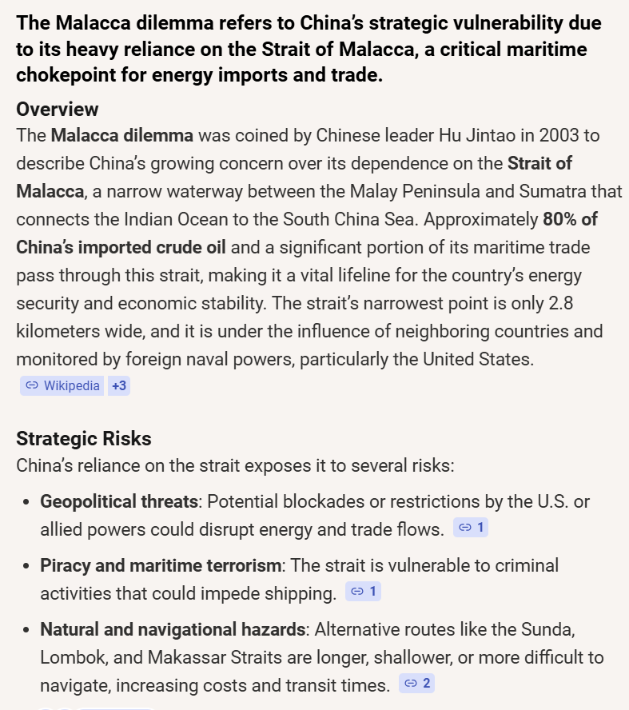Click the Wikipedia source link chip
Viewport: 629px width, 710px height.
tap(62, 385)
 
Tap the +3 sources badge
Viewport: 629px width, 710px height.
tap(119, 385)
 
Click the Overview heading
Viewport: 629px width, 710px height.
tap(58, 109)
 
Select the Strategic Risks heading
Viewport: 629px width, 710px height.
tap(84, 438)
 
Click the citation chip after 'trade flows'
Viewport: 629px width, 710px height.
tap(471, 528)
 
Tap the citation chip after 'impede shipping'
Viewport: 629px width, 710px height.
tap(364, 592)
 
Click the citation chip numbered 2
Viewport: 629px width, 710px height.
tap(416, 683)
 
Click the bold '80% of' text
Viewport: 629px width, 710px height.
tap(570, 218)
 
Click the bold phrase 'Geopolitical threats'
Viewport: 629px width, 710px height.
tap(119, 501)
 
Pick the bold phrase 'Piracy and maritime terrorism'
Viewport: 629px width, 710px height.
tap(161, 565)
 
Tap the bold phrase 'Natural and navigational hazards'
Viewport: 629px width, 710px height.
tap(173, 629)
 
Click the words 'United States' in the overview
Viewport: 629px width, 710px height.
tap(476, 359)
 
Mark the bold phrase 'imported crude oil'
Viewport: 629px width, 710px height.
tap(121, 246)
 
